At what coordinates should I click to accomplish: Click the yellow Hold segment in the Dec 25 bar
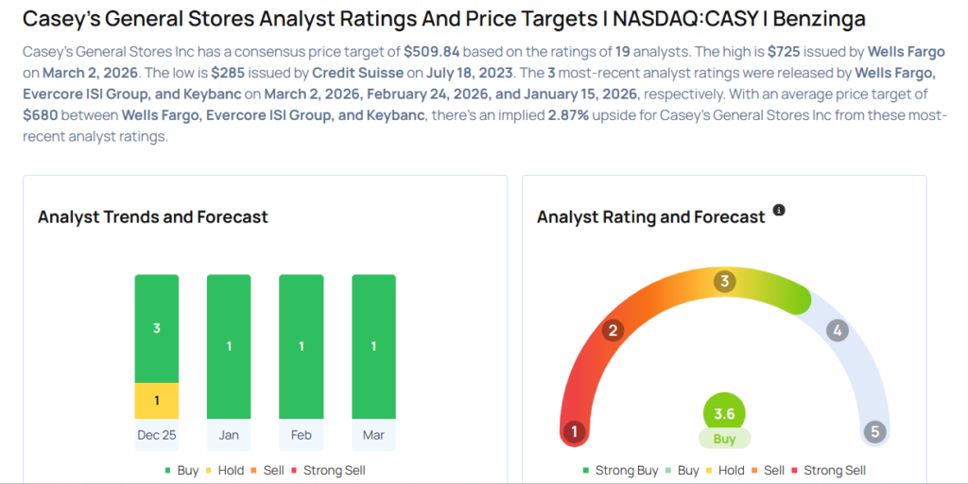click(x=156, y=400)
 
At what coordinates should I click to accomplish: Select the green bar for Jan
click(x=229, y=346)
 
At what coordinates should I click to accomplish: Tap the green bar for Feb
click(x=301, y=346)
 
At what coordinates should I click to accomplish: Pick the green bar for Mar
click(x=373, y=346)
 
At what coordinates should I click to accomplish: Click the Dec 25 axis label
click(x=156, y=435)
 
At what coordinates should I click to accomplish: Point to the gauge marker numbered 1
click(x=573, y=432)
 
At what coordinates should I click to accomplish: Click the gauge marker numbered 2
click(x=613, y=330)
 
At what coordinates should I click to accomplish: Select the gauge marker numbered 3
click(x=725, y=281)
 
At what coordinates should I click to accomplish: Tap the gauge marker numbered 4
click(x=836, y=331)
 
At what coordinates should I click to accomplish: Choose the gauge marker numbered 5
click(x=875, y=432)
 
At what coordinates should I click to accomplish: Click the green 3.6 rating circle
click(x=724, y=413)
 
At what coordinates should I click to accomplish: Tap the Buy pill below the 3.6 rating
click(x=724, y=440)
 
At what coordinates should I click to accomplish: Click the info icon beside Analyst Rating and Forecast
click(x=779, y=210)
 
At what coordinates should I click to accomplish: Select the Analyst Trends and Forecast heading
click(x=153, y=217)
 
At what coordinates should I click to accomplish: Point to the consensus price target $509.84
click(x=431, y=52)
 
